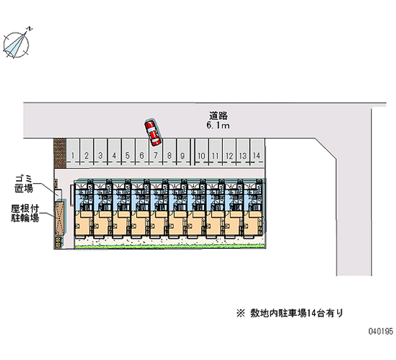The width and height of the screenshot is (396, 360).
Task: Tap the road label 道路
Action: coord(218,116)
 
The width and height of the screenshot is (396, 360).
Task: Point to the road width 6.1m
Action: coord(218,126)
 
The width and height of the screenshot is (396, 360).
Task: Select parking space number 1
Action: coord(73,155)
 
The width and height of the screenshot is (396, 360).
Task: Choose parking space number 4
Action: coord(114,155)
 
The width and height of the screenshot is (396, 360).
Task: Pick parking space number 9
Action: coord(183,155)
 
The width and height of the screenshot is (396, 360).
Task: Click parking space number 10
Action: coord(201,155)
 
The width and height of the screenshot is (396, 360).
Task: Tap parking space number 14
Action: coord(256,155)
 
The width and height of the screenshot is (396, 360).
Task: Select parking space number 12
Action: coord(229,155)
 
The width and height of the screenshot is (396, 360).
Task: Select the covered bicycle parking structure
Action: coord(60,218)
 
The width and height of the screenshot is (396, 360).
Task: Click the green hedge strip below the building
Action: coord(168,246)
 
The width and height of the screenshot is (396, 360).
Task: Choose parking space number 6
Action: coord(142,155)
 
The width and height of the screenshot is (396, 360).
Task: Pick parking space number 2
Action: coord(86,155)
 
